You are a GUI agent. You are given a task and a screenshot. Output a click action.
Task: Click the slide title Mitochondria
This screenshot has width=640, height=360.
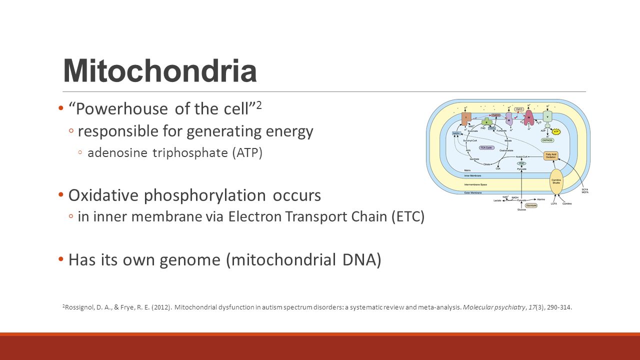(x=159, y=71)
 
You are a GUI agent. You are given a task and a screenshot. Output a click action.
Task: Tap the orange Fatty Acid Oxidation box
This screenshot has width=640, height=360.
(x=550, y=155)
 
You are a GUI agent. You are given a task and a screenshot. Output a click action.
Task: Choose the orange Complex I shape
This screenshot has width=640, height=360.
(x=465, y=118)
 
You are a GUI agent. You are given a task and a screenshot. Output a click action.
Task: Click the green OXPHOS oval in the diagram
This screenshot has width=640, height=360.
(x=548, y=140)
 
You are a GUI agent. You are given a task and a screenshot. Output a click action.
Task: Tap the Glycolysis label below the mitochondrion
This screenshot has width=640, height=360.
(x=530, y=205)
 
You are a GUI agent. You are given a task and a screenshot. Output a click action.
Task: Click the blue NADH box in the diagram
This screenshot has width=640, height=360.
(x=455, y=133)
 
